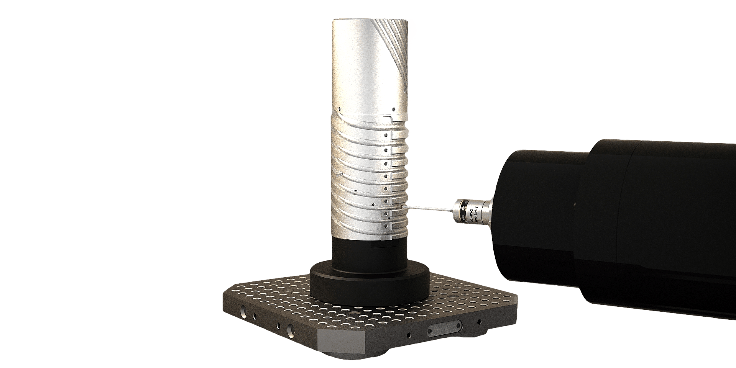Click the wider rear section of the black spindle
coord(671,226)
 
